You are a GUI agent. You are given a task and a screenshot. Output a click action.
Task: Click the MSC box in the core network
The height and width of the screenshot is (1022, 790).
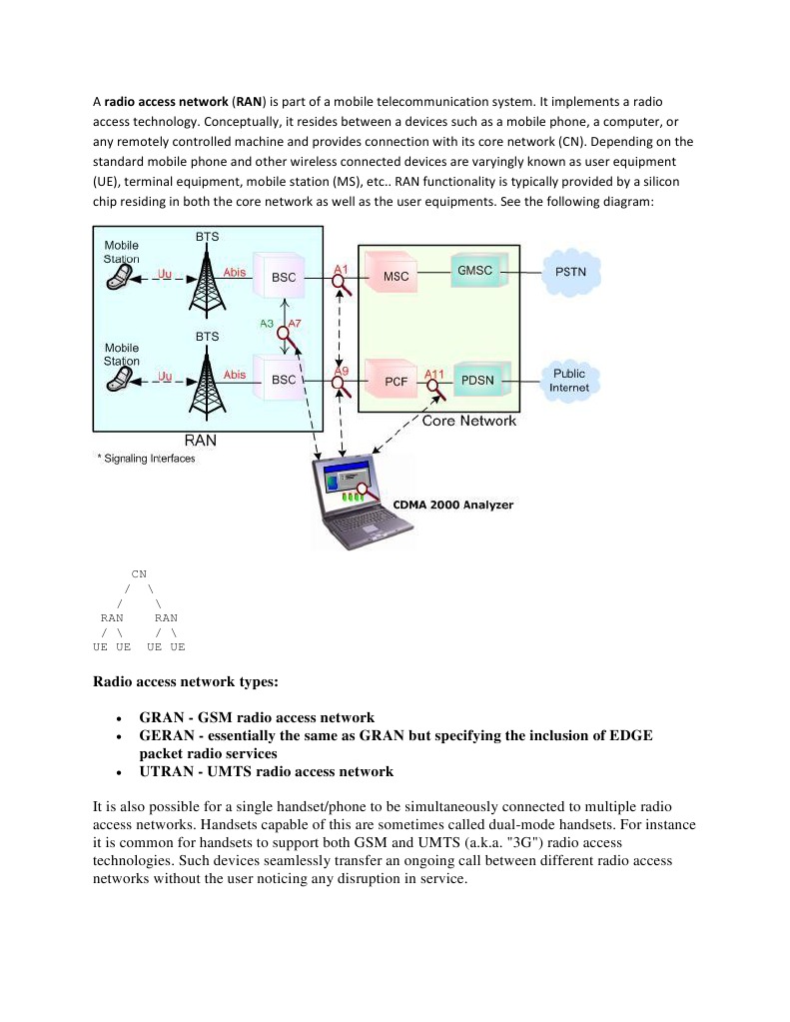(x=395, y=275)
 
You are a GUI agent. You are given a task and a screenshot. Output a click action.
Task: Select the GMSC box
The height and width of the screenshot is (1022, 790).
(x=475, y=271)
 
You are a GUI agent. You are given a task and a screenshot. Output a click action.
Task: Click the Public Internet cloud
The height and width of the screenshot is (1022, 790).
(x=570, y=380)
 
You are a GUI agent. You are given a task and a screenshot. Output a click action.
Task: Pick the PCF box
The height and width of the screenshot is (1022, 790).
(x=395, y=381)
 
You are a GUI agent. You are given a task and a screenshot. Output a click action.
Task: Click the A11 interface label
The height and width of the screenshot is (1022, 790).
(x=434, y=374)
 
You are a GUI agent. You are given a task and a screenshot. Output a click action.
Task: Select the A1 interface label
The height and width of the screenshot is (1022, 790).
(x=341, y=270)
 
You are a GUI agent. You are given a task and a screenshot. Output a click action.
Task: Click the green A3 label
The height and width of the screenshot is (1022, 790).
(x=266, y=324)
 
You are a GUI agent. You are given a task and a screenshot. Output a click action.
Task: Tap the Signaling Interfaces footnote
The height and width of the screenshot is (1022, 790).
(x=147, y=460)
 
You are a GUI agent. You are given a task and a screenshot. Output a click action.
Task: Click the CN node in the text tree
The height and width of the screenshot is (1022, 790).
(x=139, y=574)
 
